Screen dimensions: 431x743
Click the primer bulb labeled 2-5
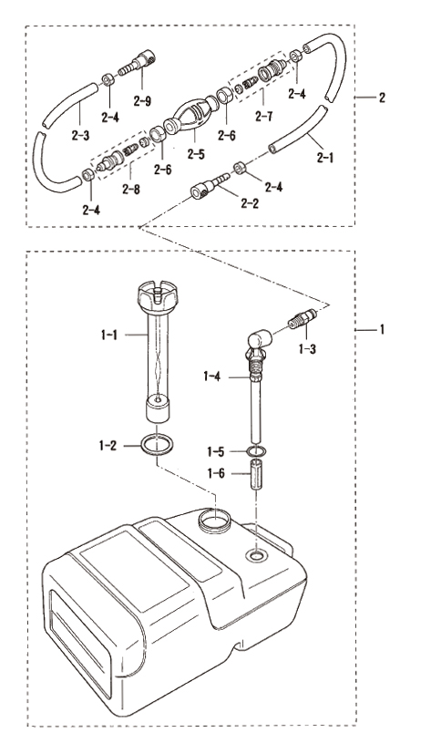190,116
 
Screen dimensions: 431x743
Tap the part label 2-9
142,100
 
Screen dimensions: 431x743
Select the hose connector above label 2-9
137,63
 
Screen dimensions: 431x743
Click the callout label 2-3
80,136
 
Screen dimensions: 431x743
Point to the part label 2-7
264,116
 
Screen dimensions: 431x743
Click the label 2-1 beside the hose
325,158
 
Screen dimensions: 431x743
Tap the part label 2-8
131,190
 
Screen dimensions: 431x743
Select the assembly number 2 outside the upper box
382,98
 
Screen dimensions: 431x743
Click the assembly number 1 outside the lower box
382,329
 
